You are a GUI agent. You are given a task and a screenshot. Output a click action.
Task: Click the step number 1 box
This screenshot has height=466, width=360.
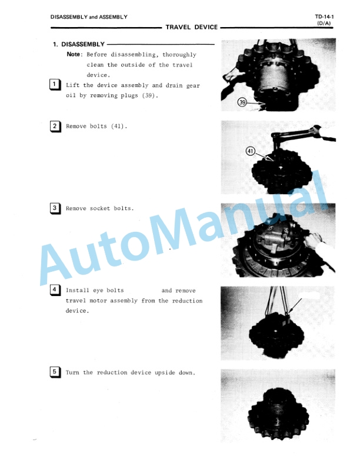coord(55,85)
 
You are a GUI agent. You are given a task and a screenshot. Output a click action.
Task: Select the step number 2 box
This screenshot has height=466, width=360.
coord(55,127)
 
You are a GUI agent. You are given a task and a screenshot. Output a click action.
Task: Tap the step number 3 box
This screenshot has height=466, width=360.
coord(55,208)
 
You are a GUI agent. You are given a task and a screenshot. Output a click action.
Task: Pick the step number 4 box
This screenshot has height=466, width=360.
coord(55,290)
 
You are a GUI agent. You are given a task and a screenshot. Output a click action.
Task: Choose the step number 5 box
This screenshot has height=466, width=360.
coord(55,372)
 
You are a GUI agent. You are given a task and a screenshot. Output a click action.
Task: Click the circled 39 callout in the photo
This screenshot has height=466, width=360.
coord(242,102)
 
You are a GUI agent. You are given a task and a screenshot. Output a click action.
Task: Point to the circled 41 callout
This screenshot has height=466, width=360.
coord(251,151)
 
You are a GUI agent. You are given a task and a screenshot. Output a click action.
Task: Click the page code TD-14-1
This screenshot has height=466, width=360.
coord(324,17)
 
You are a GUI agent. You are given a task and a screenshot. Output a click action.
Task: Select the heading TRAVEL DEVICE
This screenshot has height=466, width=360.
coord(192,27)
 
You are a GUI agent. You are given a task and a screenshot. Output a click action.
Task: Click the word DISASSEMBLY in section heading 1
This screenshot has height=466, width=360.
coord(83,44)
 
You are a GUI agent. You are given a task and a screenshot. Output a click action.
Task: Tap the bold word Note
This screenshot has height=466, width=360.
coord(73,54)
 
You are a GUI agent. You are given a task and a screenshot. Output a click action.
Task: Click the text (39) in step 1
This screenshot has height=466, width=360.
coord(148,96)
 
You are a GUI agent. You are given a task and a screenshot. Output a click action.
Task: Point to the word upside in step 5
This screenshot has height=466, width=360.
coord(165,372)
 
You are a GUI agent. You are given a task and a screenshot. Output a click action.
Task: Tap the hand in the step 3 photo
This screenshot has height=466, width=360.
coord(312,240)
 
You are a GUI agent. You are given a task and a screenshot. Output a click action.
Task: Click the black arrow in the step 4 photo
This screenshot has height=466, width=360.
coord(295,306)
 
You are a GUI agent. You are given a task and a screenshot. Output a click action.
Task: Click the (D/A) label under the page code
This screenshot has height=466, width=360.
coord(324,23)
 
